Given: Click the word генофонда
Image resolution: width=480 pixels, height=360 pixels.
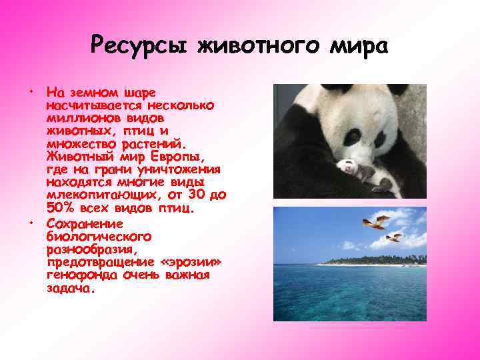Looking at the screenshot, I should [79, 275].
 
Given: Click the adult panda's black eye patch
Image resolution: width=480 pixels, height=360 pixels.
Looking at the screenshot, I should [378, 139].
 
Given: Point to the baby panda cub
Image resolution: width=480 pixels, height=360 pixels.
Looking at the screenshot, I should [363, 175].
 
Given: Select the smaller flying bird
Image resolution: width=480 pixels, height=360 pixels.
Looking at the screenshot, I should [395, 237].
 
